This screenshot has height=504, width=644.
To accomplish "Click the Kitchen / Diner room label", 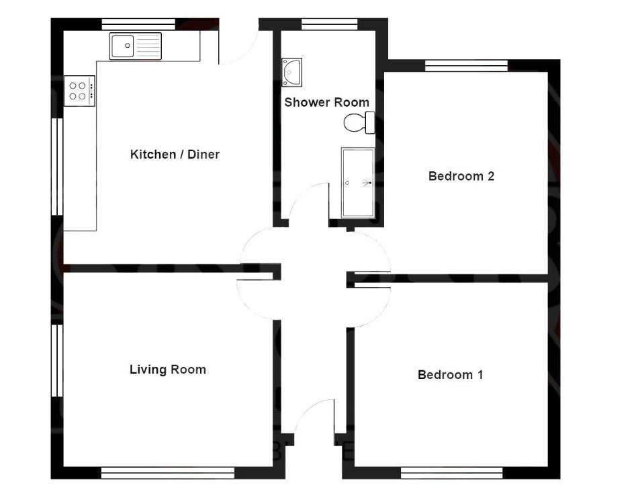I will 175,155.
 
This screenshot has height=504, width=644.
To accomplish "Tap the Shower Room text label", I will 326,102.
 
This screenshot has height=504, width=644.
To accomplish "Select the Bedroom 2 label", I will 461,176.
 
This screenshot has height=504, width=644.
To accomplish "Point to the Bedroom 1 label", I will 450,374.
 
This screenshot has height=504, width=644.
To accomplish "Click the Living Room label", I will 167,369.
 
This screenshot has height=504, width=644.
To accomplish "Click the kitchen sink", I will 136,46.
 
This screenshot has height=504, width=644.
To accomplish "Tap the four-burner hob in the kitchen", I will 79,90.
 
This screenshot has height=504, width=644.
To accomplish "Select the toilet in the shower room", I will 359,123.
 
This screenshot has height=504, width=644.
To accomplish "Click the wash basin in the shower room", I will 292,72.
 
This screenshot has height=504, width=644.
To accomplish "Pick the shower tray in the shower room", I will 357,183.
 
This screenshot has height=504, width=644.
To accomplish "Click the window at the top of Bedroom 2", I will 466,65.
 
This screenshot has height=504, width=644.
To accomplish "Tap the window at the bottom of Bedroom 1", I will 451,473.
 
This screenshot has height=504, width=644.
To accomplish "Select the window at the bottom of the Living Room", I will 167,473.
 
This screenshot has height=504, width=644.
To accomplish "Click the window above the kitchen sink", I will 138,24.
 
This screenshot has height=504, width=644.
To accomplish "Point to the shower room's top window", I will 328,24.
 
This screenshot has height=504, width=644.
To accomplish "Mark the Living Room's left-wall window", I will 57,360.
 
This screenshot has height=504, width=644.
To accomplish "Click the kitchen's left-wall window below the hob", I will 57,167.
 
